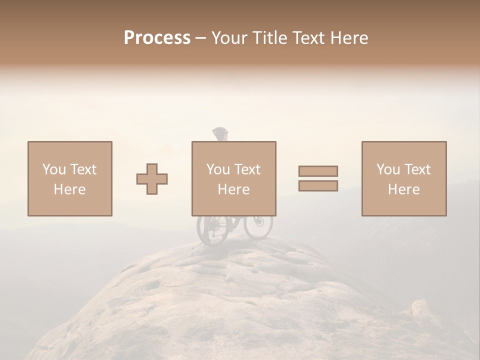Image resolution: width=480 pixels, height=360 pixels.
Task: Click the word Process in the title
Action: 157,38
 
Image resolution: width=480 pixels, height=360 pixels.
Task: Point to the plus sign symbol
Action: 152,178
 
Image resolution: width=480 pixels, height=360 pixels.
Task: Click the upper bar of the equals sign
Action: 318,171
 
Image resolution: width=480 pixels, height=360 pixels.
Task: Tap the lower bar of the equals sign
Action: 318,185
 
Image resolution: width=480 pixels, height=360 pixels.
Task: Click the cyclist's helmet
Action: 220,133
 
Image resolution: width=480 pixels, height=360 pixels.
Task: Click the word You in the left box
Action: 53,169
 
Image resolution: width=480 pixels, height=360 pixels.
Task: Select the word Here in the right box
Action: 403,189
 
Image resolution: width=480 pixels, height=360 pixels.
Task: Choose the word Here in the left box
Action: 69,189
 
